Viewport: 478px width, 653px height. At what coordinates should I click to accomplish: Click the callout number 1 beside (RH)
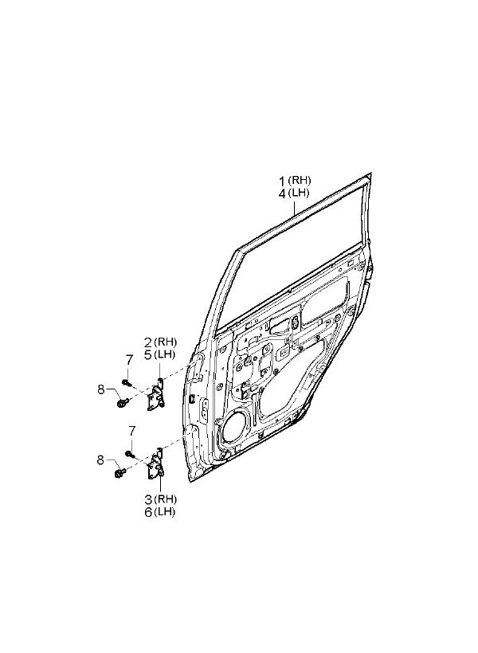(282, 182)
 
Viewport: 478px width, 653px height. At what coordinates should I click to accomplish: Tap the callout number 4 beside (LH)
(282, 194)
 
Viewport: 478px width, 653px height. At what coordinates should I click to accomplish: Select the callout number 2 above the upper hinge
(148, 342)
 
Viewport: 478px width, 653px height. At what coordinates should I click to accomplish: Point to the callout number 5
(148, 356)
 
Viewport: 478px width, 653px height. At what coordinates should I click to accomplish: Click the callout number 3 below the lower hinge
(148, 499)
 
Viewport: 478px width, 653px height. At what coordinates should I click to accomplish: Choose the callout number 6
(148, 512)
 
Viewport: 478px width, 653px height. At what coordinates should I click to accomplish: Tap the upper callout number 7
(129, 359)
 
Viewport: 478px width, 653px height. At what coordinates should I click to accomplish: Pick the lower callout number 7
(131, 430)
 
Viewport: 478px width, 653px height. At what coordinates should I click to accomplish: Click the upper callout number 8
(101, 389)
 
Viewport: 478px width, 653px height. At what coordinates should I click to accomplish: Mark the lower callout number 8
(100, 460)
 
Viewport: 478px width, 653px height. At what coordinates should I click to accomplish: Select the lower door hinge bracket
(156, 464)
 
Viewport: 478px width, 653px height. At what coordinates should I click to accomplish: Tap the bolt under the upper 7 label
(126, 382)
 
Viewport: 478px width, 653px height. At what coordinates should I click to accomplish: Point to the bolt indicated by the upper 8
(121, 403)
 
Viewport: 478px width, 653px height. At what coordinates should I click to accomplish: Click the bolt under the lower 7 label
(129, 454)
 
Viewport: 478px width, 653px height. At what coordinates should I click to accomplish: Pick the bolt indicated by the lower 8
(119, 473)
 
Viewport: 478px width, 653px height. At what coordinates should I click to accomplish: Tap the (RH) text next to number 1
(299, 180)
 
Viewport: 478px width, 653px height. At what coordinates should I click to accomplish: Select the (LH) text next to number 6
(164, 512)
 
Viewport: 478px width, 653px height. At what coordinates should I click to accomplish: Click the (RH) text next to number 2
(165, 342)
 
